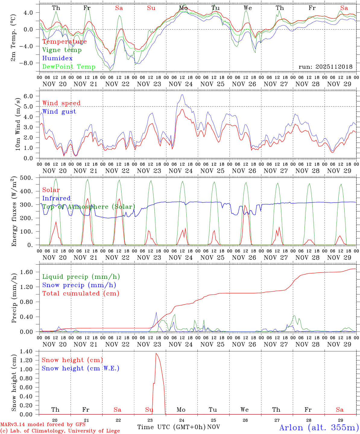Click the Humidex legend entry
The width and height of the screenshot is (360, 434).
pos(57,58)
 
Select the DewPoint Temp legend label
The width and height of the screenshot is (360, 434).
pos(69,67)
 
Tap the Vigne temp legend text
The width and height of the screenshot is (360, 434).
pos(62,50)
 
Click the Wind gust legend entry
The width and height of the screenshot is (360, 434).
pos(59,112)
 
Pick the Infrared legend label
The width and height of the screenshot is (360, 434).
pos(56,198)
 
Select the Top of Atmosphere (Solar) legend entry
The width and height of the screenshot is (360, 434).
pos(88,207)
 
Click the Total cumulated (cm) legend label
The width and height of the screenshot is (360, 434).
pos(81,293)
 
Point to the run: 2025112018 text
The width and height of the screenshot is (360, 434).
pos(325,67)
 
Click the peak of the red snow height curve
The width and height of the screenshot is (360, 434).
pos(156,353)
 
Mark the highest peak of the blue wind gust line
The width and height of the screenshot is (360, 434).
pos(182,95)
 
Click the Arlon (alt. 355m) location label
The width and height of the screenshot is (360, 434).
pos(319,427)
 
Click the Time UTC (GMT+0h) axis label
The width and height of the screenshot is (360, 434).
pos(171,427)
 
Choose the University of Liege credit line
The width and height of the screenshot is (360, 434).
pos(60,431)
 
